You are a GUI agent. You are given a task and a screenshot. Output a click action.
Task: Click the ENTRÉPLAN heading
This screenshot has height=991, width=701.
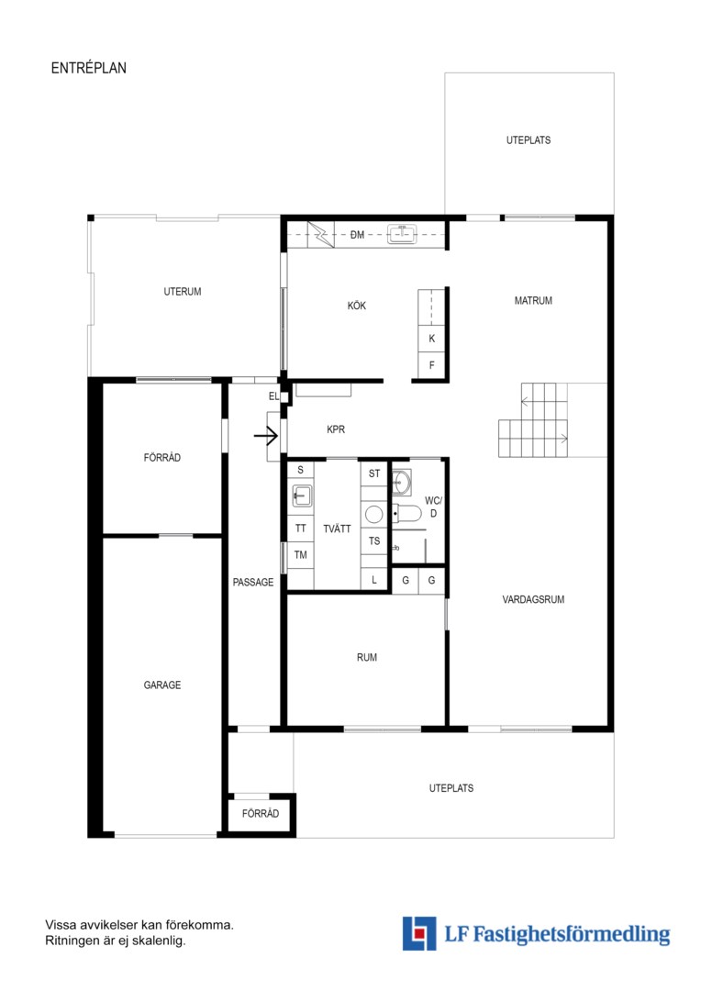coord(88,68)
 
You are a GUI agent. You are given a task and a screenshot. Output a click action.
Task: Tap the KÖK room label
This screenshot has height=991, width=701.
coord(357,306)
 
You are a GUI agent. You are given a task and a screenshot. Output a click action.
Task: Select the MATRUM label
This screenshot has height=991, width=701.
coord(533,301)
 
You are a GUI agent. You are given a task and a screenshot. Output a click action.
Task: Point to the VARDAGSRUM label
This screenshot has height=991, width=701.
coord(533,599)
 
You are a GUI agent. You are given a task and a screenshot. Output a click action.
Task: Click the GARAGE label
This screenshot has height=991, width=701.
coord(161,685)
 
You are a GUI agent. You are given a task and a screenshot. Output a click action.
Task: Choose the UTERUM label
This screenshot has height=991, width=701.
coord(182,292)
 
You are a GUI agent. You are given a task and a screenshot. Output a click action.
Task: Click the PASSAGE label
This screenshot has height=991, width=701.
coord(253,582)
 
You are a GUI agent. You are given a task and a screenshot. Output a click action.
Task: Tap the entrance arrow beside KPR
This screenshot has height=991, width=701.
coord(266,436)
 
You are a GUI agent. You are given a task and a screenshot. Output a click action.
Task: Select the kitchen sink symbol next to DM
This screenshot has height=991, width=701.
coord(402,235)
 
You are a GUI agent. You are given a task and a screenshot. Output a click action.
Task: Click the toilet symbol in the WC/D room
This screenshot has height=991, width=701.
coord(406,514)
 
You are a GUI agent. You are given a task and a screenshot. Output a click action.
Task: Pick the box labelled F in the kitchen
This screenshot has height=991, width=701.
coord(432,365)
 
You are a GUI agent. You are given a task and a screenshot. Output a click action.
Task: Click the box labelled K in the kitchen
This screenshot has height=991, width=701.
coord(432,339)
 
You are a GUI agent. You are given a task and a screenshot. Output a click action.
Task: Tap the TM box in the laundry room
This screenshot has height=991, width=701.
coord(301,555)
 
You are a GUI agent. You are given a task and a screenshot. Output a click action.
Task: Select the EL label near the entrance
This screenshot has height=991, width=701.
coord(273,396)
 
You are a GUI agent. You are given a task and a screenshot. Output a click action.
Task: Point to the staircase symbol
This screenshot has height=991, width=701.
coord(540,419)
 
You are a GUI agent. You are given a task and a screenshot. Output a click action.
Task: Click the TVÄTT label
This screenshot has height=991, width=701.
coord(337,529)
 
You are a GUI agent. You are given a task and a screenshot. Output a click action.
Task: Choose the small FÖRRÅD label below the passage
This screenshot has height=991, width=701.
coord(261,813)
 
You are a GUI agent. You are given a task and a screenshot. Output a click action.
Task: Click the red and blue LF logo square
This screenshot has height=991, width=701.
coord(419,933)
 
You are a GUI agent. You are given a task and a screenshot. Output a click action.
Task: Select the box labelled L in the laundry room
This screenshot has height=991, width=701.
coord(374,580)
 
